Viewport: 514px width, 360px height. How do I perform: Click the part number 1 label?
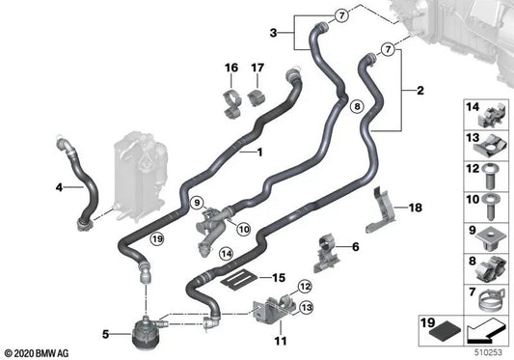point(257,152)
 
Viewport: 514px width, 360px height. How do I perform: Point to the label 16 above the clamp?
point(230,68)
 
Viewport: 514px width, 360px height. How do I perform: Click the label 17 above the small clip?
point(258,68)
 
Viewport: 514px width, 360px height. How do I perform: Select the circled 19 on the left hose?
point(157,237)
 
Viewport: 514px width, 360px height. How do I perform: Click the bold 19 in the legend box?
point(433,323)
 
